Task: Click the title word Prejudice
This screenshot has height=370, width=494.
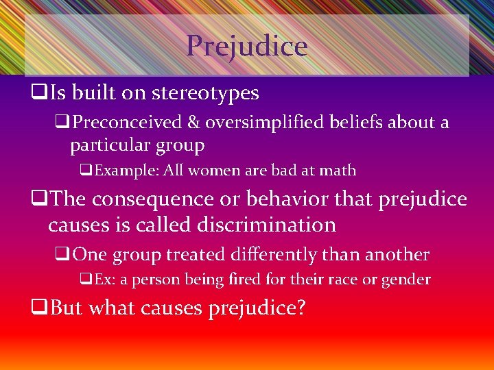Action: coord(246,46)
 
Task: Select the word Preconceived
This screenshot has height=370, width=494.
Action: coord(128,123)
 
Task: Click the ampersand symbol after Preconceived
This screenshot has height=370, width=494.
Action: coord(194,123)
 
